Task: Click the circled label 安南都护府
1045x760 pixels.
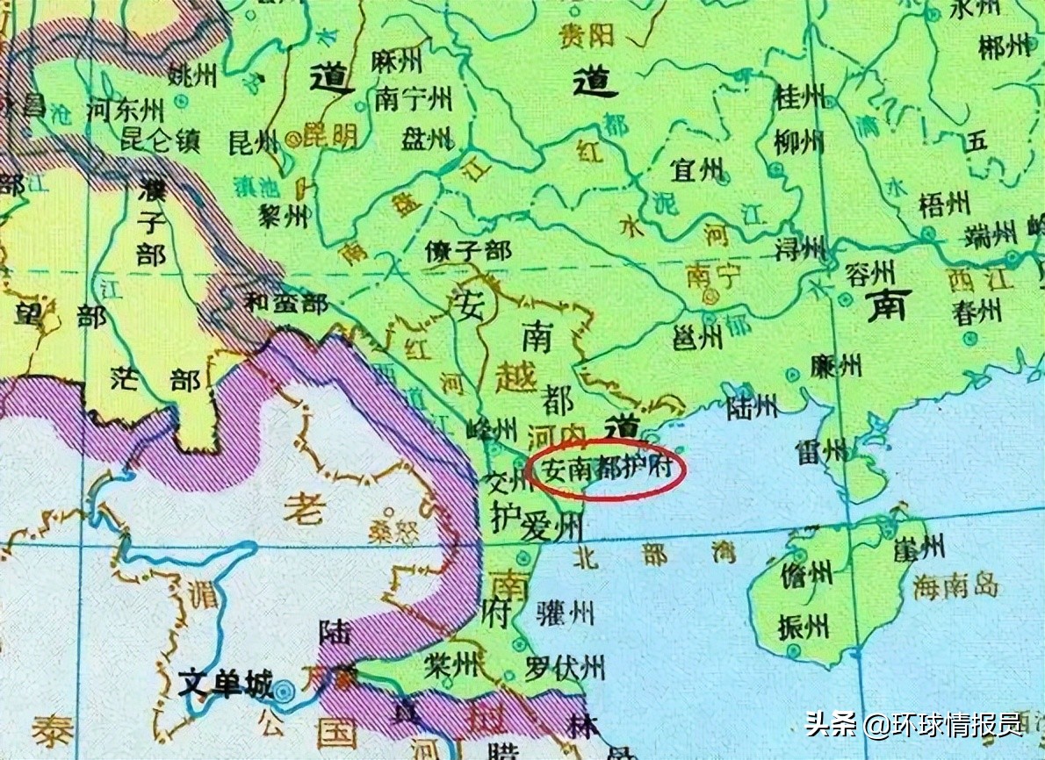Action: tap(607, 469)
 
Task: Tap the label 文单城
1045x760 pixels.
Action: tap(226, 683)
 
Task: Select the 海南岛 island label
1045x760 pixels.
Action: tap(955, 586)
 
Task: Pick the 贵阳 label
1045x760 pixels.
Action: tap(587, 35)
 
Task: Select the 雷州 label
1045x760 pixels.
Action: tap(822, 452)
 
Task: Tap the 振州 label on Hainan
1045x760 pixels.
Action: tap(804, 627)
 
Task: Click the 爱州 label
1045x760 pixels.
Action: tap(551, 527)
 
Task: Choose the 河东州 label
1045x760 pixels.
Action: tap(126, 111)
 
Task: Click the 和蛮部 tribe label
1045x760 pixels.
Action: tap(285, 304)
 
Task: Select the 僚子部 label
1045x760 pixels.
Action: tap(467, 251)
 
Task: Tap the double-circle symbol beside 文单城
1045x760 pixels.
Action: tap(283, 691)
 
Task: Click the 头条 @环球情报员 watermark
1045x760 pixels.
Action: tap(913, 725)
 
